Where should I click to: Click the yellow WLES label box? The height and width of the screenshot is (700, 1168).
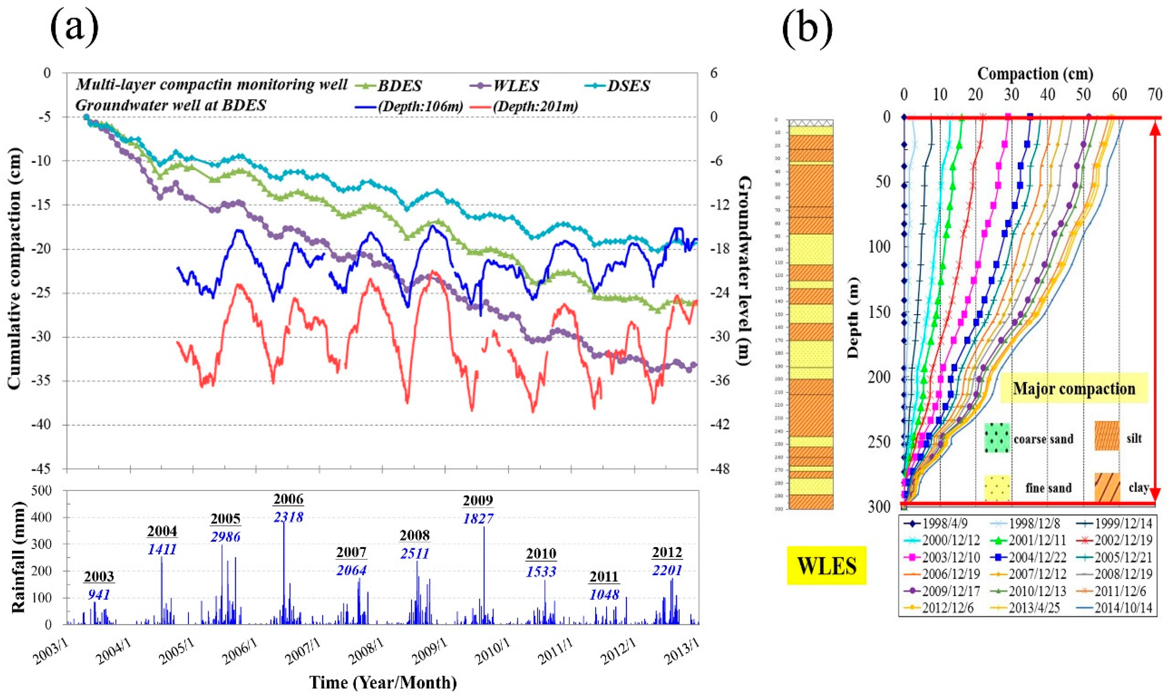click(x=826, y=565)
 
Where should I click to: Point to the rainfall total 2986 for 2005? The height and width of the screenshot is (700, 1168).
click(x=226, y=537)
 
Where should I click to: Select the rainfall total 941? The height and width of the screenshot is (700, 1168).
click(x=99, y=595)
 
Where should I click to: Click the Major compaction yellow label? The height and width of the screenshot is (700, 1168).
click(x=1074, y=388)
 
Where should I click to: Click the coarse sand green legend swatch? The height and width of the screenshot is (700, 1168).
click(x=997, y=438)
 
